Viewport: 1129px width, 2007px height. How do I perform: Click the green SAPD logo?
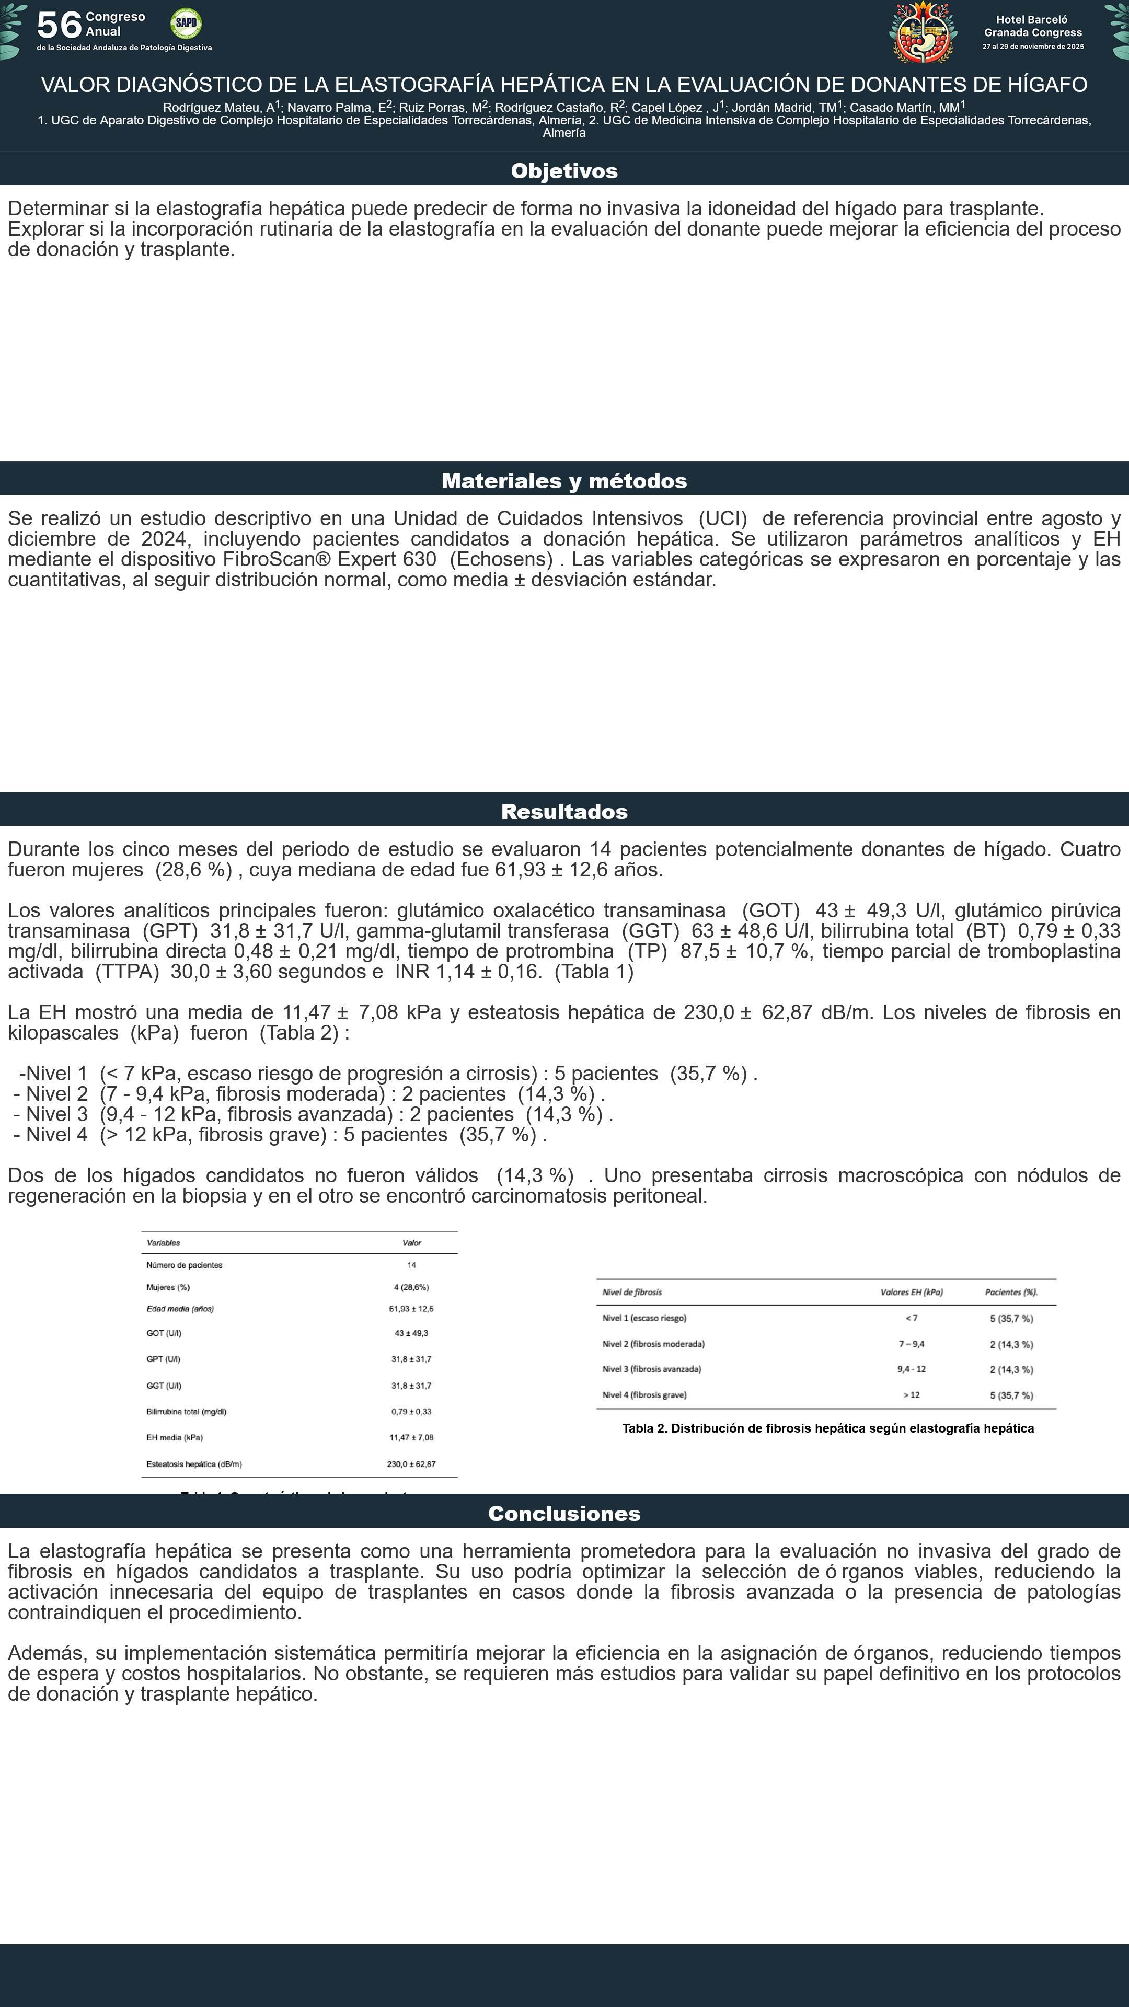pos(186,24)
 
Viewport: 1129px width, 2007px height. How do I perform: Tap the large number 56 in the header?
pos(59,25)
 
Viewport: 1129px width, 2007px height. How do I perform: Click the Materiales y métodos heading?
pos(564,481)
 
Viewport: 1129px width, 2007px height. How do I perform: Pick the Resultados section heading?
pos(564,812)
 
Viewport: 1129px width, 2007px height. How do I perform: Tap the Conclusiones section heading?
pos(564,1514)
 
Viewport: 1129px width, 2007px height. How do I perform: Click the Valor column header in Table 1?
pos(411,1243)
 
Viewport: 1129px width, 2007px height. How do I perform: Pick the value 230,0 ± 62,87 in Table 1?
pos(411,1464)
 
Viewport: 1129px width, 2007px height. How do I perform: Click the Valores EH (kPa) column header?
pos(912,1292)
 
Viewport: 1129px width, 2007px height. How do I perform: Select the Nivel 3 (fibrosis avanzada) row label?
pos(651,1369)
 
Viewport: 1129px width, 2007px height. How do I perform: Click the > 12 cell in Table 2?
pos(912,1394)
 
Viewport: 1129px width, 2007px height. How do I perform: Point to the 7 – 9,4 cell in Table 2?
pos(912,1344)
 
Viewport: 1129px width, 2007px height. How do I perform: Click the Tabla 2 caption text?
pos(827,1428)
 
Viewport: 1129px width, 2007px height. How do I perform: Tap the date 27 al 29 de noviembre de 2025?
pos(1032,47)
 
